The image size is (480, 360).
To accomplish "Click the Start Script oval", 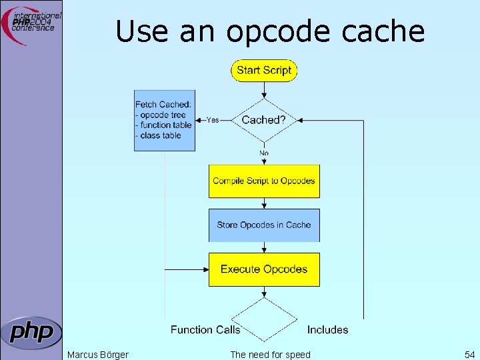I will [264, 70].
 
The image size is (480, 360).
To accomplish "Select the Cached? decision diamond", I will [264, 120].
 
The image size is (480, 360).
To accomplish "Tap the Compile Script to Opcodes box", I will [264, 181].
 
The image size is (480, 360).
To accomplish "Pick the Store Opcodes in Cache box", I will [264, 225].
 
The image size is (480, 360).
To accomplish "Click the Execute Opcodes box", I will [264, 269].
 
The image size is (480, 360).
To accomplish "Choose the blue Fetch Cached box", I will [165, 120].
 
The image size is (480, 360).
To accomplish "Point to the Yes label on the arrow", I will [213, 120].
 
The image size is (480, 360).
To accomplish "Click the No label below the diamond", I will [264, 153].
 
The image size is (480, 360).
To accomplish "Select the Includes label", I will [327, 329].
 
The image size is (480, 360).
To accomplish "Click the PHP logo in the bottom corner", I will [31, 332].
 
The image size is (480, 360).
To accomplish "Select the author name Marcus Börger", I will [98, 354].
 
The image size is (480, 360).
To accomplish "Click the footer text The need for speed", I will [270, 354].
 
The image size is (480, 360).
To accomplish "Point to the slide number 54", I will [468, 354].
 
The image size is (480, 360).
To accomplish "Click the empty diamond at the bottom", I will [264, 319].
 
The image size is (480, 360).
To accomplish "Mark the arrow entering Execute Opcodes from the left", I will [187, 269].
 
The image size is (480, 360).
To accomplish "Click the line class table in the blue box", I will [161, 135].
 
